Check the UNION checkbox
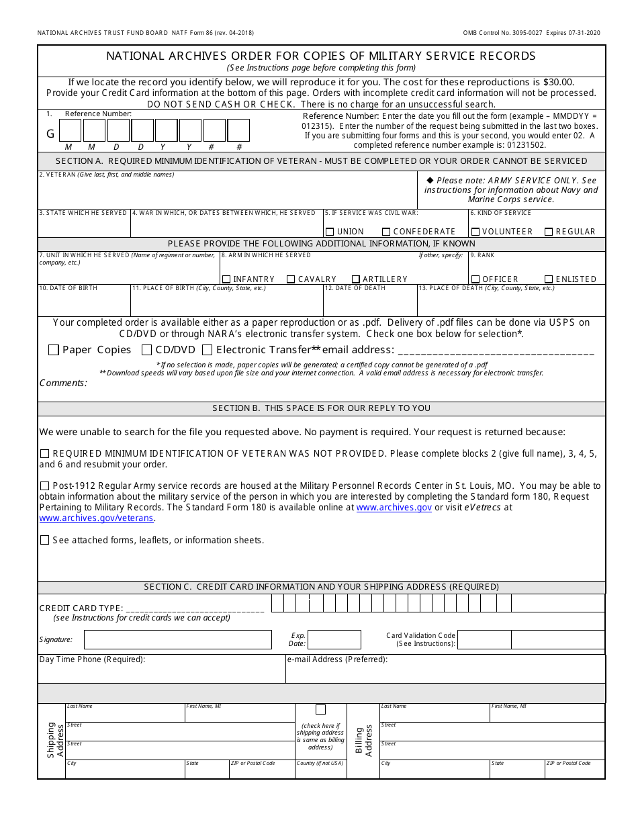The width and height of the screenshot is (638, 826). (x=330, y=232)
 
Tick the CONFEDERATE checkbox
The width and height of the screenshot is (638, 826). (x=386, y=232)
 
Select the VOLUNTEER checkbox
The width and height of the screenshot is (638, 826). (x=475, y=232)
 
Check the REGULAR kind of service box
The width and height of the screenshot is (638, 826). (x=549, y=232)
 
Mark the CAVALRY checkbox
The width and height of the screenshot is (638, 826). (x=291, y=279)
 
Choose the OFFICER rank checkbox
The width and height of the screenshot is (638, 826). (x=475, y=279)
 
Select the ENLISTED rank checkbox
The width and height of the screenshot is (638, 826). (x=549, y=279)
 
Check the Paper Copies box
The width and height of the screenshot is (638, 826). (x=54, y=350)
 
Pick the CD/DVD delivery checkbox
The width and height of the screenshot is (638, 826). (x=146, y=350)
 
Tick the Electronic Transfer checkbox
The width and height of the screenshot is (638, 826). (x=208, y=350)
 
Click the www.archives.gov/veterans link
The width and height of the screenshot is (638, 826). (x=97, y=518)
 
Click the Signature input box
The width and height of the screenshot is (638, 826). (x=177, y=639)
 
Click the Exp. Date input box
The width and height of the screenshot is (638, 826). (x=334, y=639)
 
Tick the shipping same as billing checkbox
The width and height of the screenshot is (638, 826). (x=320, y=710)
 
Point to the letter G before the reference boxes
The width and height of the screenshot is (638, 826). (x=50, y=134)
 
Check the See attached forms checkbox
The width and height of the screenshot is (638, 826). (x=45, y=540)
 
